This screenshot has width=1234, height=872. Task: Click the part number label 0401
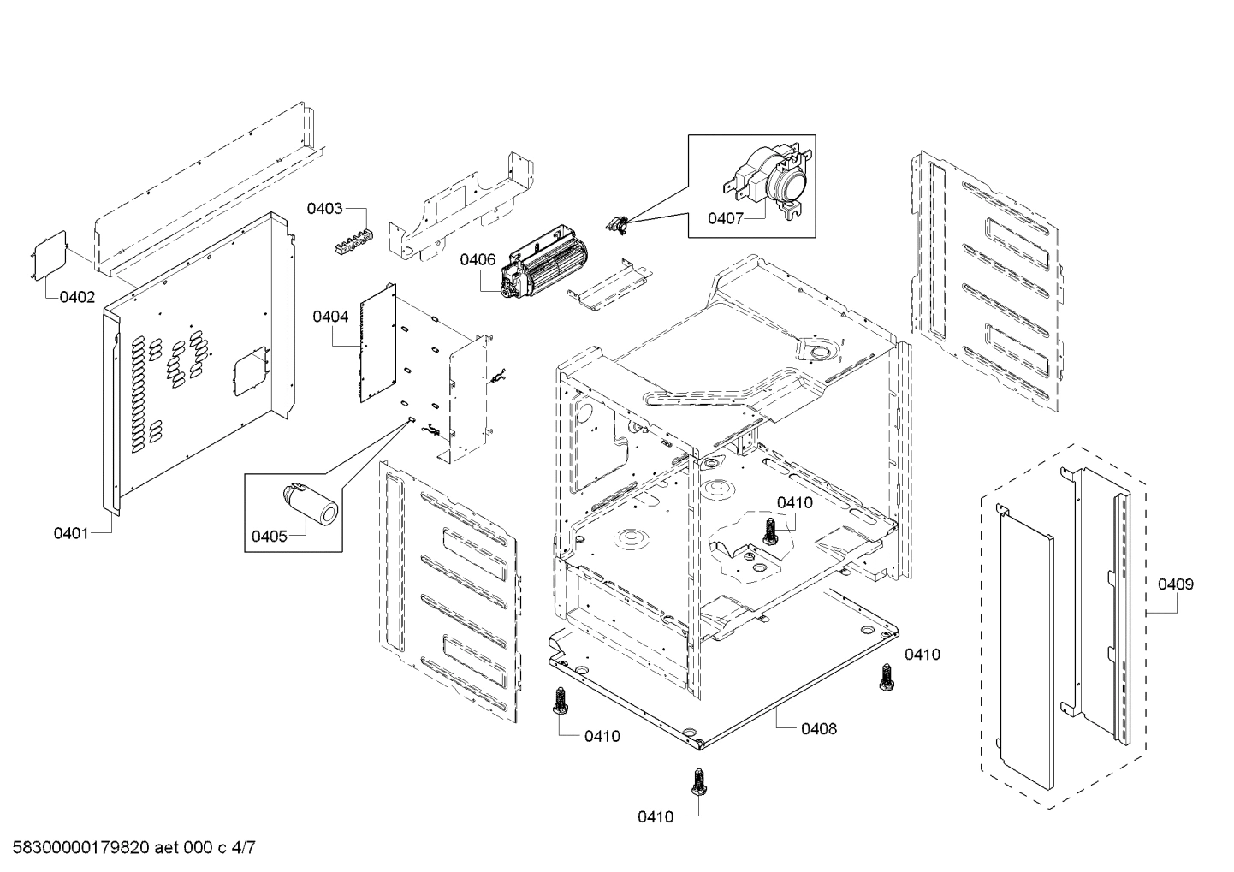coord(70,533)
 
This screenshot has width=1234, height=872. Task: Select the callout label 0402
coord(77,297)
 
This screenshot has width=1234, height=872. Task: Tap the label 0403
coord(326,208)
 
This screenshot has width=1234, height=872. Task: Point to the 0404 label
coord(330,317)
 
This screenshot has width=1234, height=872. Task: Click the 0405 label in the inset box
coord(269,537)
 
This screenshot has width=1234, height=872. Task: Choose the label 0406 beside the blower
coord(478,259)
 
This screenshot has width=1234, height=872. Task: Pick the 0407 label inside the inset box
coord(725,219)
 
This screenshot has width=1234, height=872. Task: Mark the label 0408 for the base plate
coord(819,729)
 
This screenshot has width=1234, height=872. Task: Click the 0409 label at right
coord(1175,584)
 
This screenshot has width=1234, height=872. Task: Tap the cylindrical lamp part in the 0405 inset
coord(311,502)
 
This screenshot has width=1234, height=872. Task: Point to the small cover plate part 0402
coord(50,254)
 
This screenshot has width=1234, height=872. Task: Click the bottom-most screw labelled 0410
coord(698,782)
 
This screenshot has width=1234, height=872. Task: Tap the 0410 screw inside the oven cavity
coord(770,532)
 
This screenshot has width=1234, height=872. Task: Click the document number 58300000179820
coord(77,849)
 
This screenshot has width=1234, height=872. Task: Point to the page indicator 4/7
coord(243,849)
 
